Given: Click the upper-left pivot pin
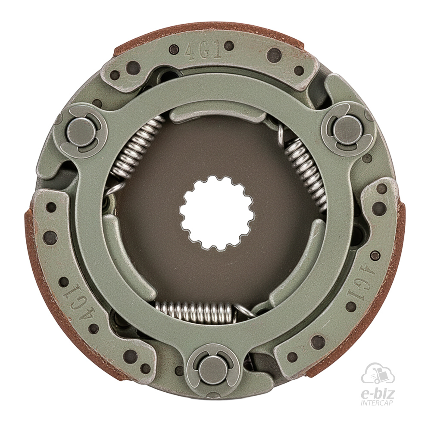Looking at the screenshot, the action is click(80, 129).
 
